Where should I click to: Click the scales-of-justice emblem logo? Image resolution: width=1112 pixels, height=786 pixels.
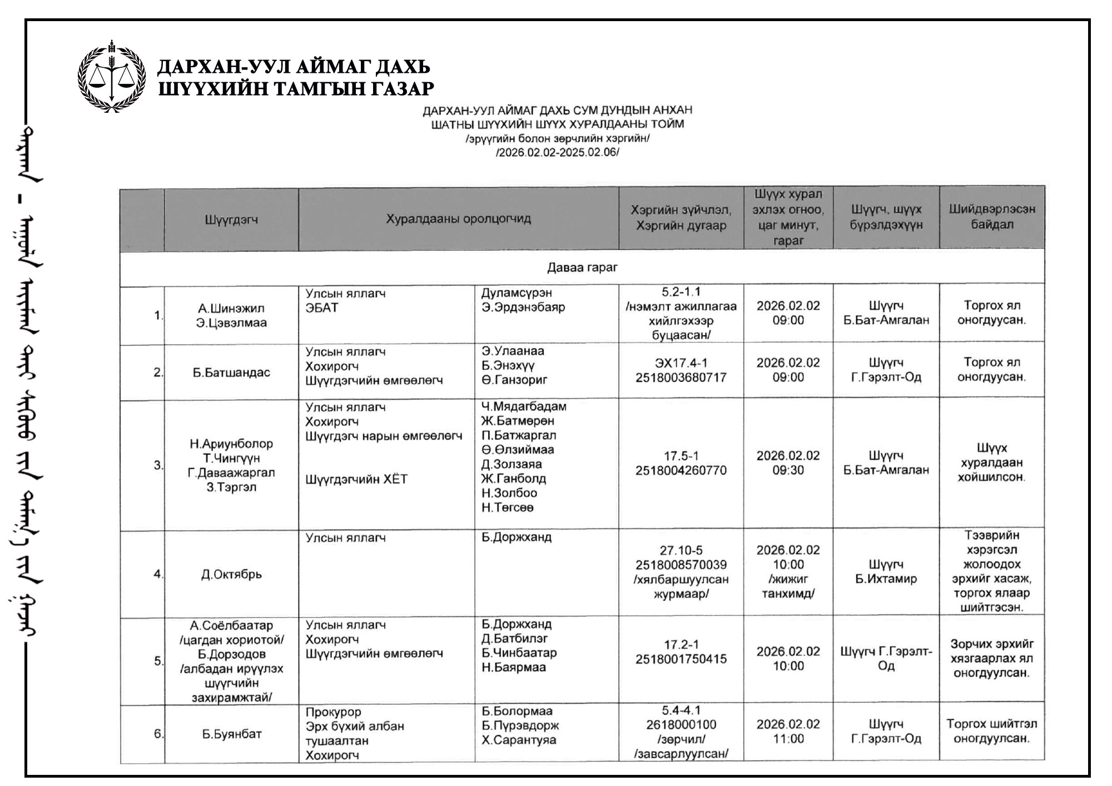pyautogui.click(x=111, y=77)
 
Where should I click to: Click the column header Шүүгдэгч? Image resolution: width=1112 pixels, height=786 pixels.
pyautogui.click(x=231, y=220)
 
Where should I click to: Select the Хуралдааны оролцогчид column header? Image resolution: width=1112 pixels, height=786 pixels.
pyautogui.click(x=458, y=218)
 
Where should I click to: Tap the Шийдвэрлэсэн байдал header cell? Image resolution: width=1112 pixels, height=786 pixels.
pyautogui.click(x=992, y=217)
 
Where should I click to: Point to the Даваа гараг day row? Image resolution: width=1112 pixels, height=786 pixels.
pyautogui.click(x=582, y=267)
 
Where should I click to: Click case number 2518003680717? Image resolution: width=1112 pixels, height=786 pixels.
pyautogui.click(x=681, y=377)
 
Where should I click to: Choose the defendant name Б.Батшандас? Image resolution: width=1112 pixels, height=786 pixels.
pyautogui.click(x=231, y=372)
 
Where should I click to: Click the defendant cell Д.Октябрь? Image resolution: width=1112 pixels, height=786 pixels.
pyautogui.click(x=231, y=574)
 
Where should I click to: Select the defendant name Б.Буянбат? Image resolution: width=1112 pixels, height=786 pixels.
pyautogui.click(x=231, y=734)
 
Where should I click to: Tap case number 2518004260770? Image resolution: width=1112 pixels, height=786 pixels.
pyautogui.click(x=681, y=470)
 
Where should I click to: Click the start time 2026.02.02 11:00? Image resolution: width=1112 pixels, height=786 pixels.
pyautogui.click(x=788, y=732)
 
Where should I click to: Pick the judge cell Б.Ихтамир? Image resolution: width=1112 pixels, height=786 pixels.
pyautogui.click(x=886, y=579)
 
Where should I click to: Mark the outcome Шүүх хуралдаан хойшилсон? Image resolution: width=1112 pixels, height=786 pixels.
pyautogui.click(x=992, y=462)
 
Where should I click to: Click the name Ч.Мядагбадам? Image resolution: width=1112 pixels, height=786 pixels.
pyautogui.click(x=524, y=406)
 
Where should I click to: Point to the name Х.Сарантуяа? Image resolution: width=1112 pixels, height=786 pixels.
pyautogui.click(x=519, y=740)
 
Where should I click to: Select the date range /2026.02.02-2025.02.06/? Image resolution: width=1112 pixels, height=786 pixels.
pyautogui.click(x=557, y=152)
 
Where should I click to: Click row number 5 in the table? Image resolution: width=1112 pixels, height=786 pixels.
pyautogui.click(x=158, y=661)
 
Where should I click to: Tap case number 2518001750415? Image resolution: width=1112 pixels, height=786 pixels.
pyautogui.click(x=681, y=659)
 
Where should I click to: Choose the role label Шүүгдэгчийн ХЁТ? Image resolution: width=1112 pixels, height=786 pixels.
pyautogui.click(x=356, y=479)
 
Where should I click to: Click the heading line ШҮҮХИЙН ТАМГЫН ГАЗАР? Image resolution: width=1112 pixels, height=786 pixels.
pyautogui.click(x=296, y=88)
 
